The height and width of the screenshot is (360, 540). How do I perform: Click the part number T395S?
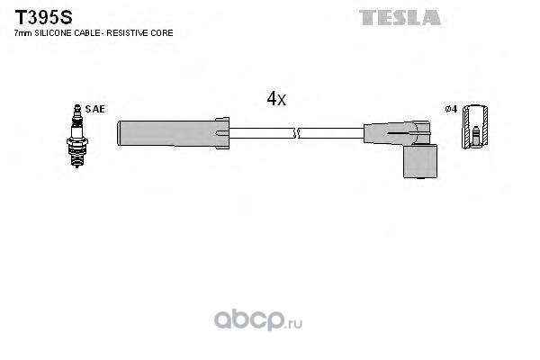(x=43, y=17)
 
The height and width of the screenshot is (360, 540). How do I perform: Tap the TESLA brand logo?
(x=400, y=18)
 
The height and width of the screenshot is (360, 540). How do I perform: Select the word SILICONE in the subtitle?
(x=51, y=33)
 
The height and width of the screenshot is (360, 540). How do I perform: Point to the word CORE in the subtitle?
(x=163, y=33)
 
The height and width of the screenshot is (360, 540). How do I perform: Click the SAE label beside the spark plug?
(x=95, y=109)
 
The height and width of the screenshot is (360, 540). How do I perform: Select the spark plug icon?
(x=77, y=136)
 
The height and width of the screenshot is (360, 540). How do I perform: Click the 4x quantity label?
(x=276, y=99)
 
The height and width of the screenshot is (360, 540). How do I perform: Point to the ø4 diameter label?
(x=451, y=109)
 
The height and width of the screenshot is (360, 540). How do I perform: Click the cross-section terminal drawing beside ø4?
(x=475, y=127)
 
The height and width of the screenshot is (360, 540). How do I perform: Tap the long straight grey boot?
(x=173, y=133)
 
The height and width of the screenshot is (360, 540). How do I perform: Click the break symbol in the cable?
(x=296, y=133)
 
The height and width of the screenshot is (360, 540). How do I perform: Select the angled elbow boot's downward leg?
(x=420, y=161)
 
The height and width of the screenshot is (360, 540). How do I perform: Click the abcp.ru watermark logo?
(x=258, y=320)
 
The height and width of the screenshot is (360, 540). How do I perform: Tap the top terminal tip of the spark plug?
(x=77, y=107)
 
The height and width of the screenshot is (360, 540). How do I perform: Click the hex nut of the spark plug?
(x=77, y=141)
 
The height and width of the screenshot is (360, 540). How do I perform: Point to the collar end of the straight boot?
(x=222, y=133)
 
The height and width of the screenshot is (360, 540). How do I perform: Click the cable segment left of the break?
(x=261, y=133)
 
